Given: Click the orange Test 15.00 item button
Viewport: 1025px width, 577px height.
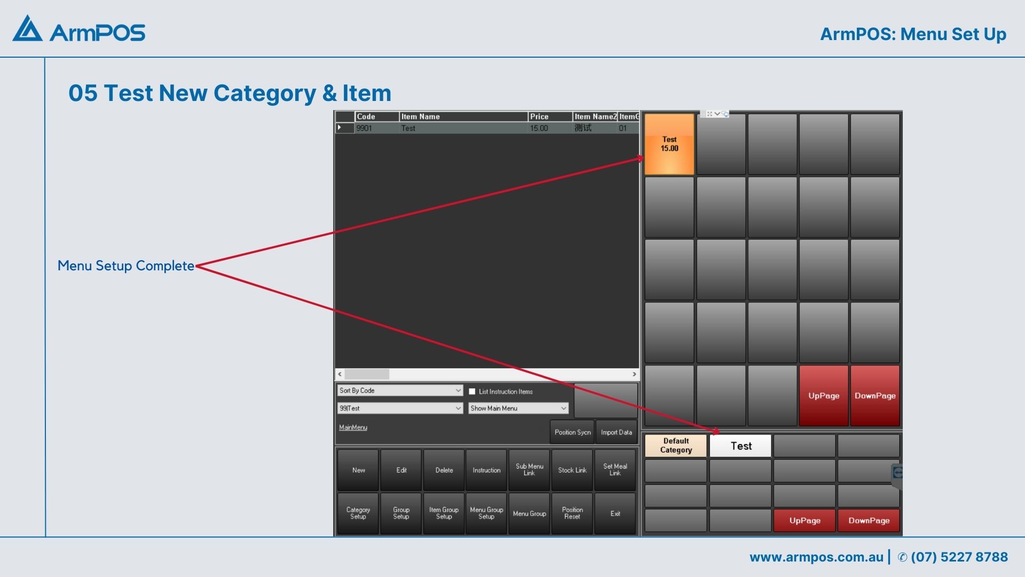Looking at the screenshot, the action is [669, 144].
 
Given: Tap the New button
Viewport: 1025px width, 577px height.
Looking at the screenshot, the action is [358, 470].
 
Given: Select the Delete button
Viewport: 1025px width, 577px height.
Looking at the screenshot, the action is [444, 470].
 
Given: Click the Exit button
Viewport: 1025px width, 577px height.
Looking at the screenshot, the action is [615, 513].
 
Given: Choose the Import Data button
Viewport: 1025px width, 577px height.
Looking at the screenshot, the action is [617, 432].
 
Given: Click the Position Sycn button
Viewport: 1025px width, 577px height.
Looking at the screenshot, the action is [572, 432].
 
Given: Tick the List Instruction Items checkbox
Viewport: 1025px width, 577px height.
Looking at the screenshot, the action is [472, 392].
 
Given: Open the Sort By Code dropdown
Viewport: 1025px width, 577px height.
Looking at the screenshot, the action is [400, 391].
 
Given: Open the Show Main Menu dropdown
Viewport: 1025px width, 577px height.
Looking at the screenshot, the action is [518, 408].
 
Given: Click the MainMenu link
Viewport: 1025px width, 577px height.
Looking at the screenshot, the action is [353, 427].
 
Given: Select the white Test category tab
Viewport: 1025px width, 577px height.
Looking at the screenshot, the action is [740, 446].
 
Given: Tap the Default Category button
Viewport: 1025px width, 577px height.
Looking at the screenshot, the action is [676, 446].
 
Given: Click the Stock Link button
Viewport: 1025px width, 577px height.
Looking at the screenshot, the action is [572, 470].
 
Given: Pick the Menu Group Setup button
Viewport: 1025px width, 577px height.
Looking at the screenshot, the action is [486, 513].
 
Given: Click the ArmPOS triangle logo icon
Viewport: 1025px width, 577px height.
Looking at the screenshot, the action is [27, 28].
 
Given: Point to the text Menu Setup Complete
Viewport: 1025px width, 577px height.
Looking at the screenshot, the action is [126, 266].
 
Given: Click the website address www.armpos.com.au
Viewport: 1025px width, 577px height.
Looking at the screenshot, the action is [816, 557].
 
